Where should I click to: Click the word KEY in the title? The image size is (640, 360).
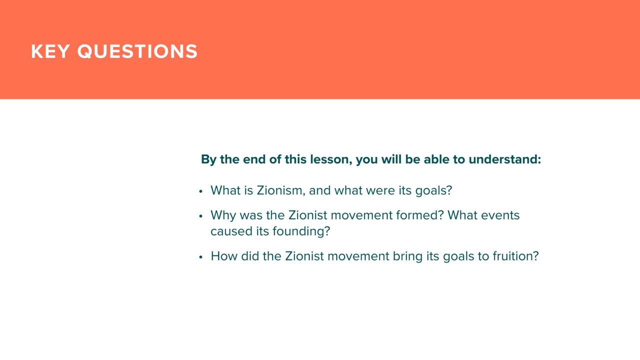tap(50, 51)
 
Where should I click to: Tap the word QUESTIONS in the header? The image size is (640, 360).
tap(137, 51)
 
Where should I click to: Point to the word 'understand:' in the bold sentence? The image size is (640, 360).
tap(505, 159)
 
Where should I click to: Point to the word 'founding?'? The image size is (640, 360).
tap(301, 231)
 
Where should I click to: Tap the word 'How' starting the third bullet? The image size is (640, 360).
tap(224, 256)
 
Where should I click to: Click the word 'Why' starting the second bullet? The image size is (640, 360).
tap(223, 215)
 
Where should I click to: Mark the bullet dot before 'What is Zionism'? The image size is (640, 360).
tap(200, 191)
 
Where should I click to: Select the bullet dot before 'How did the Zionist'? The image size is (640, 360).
tap(200, 257)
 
